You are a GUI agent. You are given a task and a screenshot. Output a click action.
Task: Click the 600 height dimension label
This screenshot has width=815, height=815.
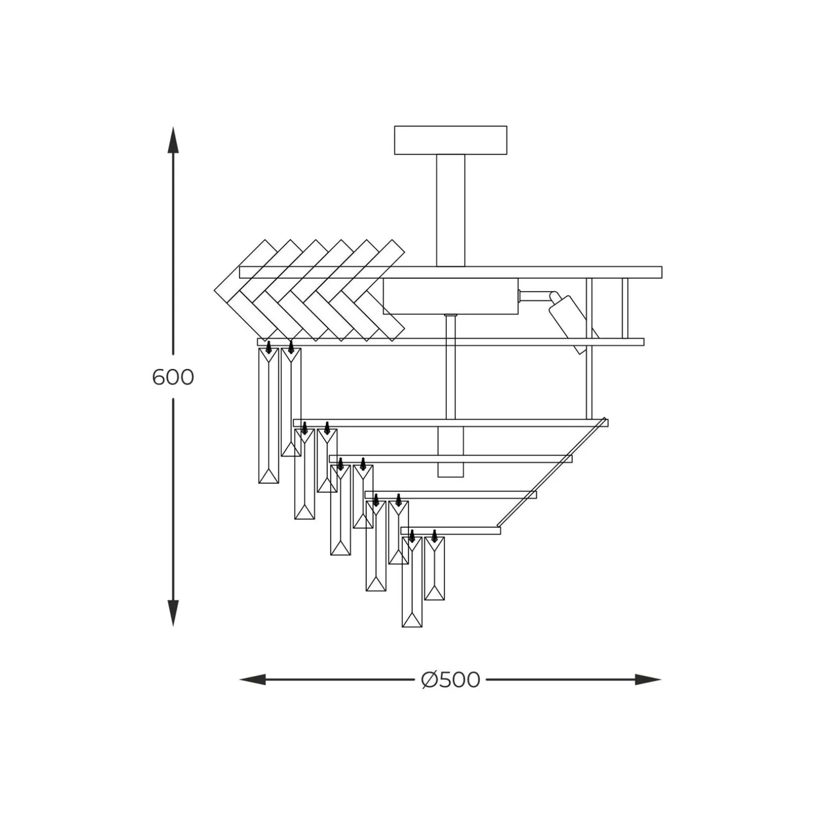click(x=173, y=377)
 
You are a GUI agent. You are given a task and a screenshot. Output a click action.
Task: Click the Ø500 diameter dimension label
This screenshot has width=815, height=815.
click(x=450, y=680)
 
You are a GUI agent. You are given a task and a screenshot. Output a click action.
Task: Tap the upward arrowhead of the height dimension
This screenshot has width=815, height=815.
click(x=173, y=140)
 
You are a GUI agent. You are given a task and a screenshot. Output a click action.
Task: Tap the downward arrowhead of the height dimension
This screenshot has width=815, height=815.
click(x=173, y=613)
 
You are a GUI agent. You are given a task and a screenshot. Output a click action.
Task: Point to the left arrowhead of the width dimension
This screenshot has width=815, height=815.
click(x=253, y=680)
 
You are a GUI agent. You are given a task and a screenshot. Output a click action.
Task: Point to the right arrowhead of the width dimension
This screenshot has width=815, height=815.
click(x=648, y=680)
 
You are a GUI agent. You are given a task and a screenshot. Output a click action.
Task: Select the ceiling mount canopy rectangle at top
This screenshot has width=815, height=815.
click(x=450, y=140)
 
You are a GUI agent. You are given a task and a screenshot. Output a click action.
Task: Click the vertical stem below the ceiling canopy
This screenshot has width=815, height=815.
click(x=450, y=210)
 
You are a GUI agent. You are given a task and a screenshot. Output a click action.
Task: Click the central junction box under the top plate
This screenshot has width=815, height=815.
click(x=450, y=296)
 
